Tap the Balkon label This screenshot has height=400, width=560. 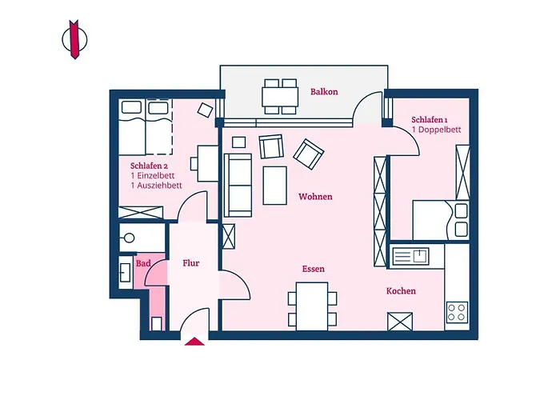(x=324, y=92)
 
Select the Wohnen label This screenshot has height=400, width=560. (x=315, y=197)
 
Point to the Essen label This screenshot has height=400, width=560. (x=313, y=270)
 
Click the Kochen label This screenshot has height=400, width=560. (x=401, y=291)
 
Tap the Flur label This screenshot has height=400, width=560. (x=190, y=263)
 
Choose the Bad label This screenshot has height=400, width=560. (x=143, y=263)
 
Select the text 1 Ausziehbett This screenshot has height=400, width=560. (x=156, y=186)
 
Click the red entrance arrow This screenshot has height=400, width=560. (x=194, y=342)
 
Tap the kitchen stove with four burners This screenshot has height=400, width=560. (x=457, y=311)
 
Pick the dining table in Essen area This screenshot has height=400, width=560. (x=312, y=306)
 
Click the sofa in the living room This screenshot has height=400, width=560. (x=238, y=185)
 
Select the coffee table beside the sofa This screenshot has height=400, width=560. (x=276, y=185)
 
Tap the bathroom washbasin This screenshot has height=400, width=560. (x=126, y=273)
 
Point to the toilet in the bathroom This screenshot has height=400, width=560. (x=155, y=323)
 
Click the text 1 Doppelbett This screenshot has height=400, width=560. (x=436, y=129)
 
